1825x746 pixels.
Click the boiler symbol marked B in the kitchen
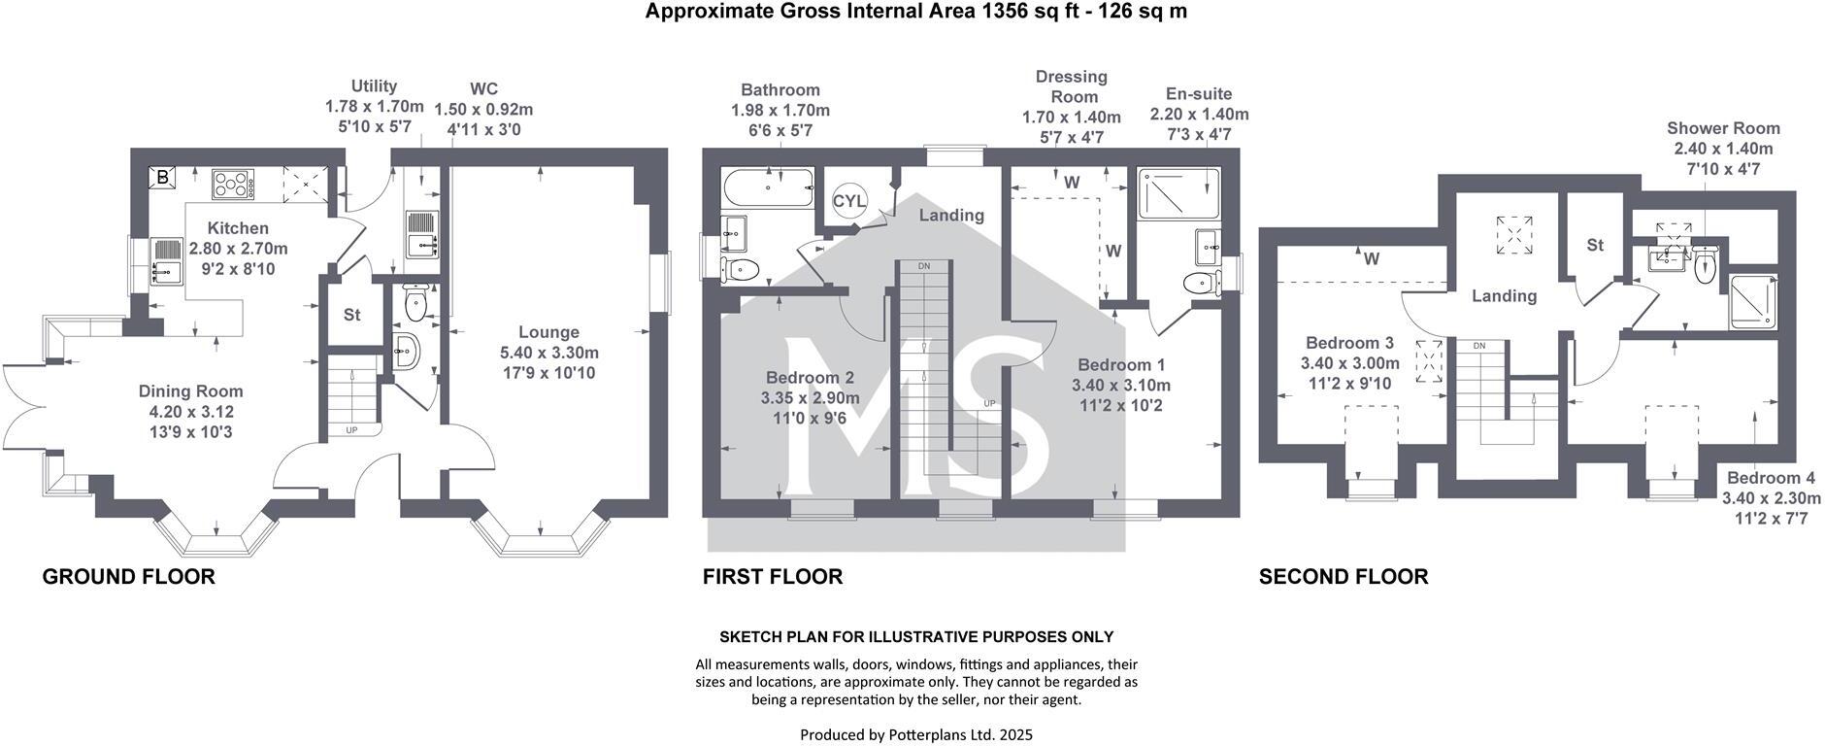click(x=162, y=178)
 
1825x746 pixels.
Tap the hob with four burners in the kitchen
click(x=233, y=185)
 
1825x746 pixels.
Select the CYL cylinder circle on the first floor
click(x=846, y=201)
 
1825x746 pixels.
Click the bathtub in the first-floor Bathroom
click(x=767, y=186)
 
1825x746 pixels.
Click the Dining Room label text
click(x=190, y=391)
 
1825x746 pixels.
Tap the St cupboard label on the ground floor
click(x=351, y=315)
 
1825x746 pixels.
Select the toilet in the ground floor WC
click(x=415, y=303)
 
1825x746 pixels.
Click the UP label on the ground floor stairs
click(x=351, y=429)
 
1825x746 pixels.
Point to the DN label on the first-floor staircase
click(x=923, y=266)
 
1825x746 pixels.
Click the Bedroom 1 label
click(x=1121, y=365)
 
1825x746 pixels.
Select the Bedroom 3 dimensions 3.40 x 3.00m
click(x=1349, y=363)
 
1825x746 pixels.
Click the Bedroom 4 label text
click(x=1771, y=478)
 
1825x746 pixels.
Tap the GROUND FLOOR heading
click(x=128, y=577)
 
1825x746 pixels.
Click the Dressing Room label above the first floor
click(x=1071, y=86)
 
